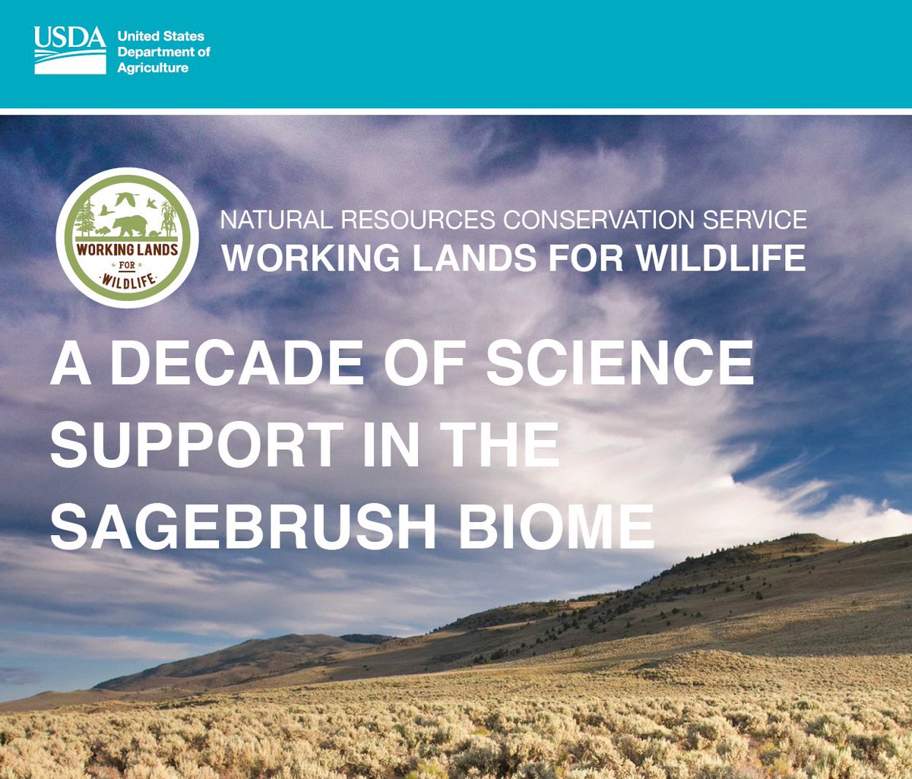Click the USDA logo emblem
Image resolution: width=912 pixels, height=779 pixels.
[x=70, y=51]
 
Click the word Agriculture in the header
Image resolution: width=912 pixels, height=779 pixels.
[x=153, y=68]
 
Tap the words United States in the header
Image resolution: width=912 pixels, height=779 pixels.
[x=160, y=36]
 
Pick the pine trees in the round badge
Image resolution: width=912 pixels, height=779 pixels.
[x=86, y=217]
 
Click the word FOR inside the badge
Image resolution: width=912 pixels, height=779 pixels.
[x=127, y=266]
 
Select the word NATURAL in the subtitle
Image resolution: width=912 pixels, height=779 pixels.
[x=276, y=220]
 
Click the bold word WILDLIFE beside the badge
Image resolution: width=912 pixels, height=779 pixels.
[x=720, y=258]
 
